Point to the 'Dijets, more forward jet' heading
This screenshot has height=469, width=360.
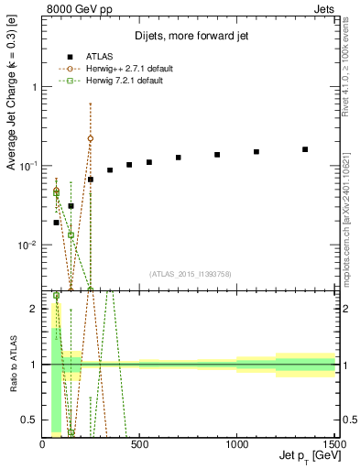(191, 37)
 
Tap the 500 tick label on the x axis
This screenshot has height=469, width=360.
(140, 444)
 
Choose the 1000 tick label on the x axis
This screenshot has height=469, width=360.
(237, 444)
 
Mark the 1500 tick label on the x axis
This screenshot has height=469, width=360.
(333, 444)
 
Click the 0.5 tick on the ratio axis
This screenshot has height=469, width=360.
(32, 420)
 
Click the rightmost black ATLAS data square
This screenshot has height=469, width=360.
(305, 149)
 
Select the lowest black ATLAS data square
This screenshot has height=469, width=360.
(57, 223)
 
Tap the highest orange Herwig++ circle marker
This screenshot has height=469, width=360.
(90, 138)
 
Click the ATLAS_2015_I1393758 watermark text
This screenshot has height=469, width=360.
(190, 273)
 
